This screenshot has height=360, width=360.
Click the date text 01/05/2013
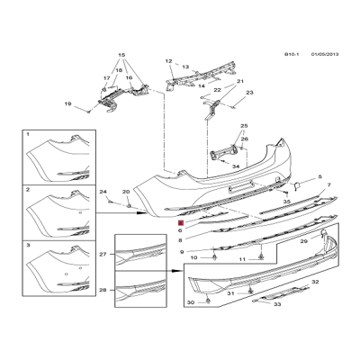pyautogui.click(x=324, y=54)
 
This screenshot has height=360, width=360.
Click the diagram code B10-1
pyautogui.click(x=290, y=54)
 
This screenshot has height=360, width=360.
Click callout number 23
pyautogui.click(x=249, y=93)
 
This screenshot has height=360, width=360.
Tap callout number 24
pyautogui.click(x=103, y=193)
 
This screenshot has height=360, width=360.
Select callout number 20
pyautogui.click(x=126, y=193)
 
